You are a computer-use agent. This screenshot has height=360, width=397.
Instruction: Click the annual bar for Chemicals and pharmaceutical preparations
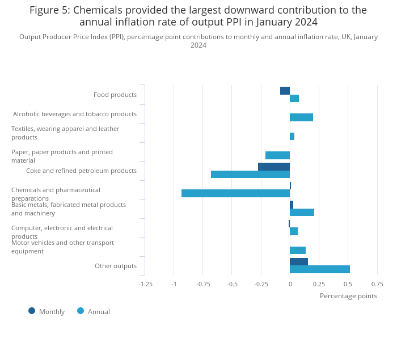tap(235, 193)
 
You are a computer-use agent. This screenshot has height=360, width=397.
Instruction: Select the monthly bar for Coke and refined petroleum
tap(274, 167)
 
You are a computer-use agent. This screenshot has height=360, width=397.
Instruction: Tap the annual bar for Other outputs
tap(320, 269)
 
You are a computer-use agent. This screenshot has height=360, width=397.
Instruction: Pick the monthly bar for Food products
tap(285, 91)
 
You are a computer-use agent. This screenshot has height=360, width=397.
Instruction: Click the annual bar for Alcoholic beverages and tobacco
tap(301, 117)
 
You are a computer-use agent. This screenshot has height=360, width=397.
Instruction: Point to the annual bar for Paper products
tap(277, 155)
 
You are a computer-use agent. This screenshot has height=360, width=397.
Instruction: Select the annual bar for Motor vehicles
tap(298, 250)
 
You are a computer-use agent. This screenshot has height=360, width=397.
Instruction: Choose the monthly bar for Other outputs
tap(299, 261)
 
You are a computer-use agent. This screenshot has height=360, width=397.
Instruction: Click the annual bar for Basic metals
tap(302, 212)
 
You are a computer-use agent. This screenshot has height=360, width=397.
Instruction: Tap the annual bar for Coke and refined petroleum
tap(250, 174)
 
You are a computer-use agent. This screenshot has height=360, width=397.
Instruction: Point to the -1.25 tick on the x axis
tap(145, 284)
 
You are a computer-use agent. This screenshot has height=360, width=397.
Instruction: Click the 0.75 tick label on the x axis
tap(377, 284)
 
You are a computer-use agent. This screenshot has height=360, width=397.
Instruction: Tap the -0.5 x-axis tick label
tap(232, 284)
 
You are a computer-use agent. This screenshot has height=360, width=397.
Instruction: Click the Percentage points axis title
tap(348, 296)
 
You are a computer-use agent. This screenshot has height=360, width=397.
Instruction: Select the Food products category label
tap(115, 95)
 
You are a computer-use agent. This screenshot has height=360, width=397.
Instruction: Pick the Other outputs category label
tap(116, 266)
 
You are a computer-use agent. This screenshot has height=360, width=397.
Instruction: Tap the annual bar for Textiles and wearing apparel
tap(292, 136)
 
